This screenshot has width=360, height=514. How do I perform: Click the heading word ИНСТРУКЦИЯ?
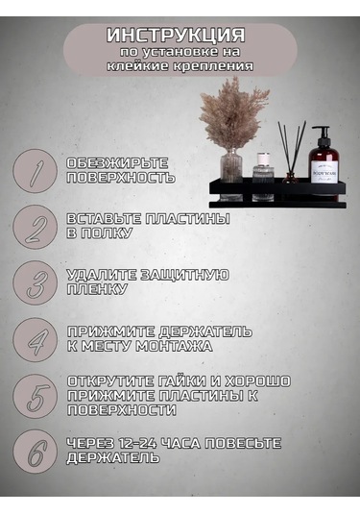coord(176,36)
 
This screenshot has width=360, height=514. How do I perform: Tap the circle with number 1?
coord(36,171)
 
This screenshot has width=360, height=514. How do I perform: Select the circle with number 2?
coord(36,227)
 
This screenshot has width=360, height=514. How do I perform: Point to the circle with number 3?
coord(36,283)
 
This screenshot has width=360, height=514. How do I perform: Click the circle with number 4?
coord(36,340)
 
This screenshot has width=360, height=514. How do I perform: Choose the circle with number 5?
coord(36,397)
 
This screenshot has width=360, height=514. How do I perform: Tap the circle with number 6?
coord(36,453)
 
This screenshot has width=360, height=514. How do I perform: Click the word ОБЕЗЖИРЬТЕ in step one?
coord(117,163)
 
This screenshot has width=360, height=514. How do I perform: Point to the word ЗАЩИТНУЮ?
coord(184,275)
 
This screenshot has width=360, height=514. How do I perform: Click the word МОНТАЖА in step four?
coord(174,346)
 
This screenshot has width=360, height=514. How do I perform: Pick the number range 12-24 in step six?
coord(138,443)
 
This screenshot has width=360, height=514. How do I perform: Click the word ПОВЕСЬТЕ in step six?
coord(243,443)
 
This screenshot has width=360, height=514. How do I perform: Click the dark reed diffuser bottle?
coord(290,178)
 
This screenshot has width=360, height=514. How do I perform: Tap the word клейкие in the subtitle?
coord(138,65)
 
